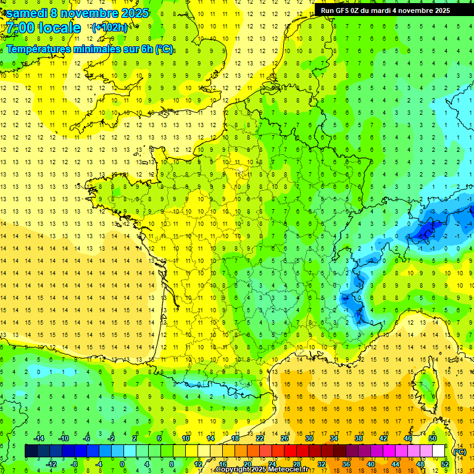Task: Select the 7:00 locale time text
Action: (x=43, y=28)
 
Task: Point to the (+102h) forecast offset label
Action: (x=110, y=27)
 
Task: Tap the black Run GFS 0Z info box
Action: (x=385, y=10)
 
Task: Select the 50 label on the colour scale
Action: (x=433, y=438)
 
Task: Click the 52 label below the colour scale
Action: (x=445, y=464)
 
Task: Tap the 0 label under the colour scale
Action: (x=122, y=464)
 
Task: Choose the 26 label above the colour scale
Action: (x=285, y=438)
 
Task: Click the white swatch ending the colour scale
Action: (x=439, y=451)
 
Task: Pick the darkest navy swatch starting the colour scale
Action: (x=31, y=451)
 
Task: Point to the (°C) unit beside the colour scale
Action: (x=459, y=452)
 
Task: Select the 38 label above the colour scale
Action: (x=359, y=438)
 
